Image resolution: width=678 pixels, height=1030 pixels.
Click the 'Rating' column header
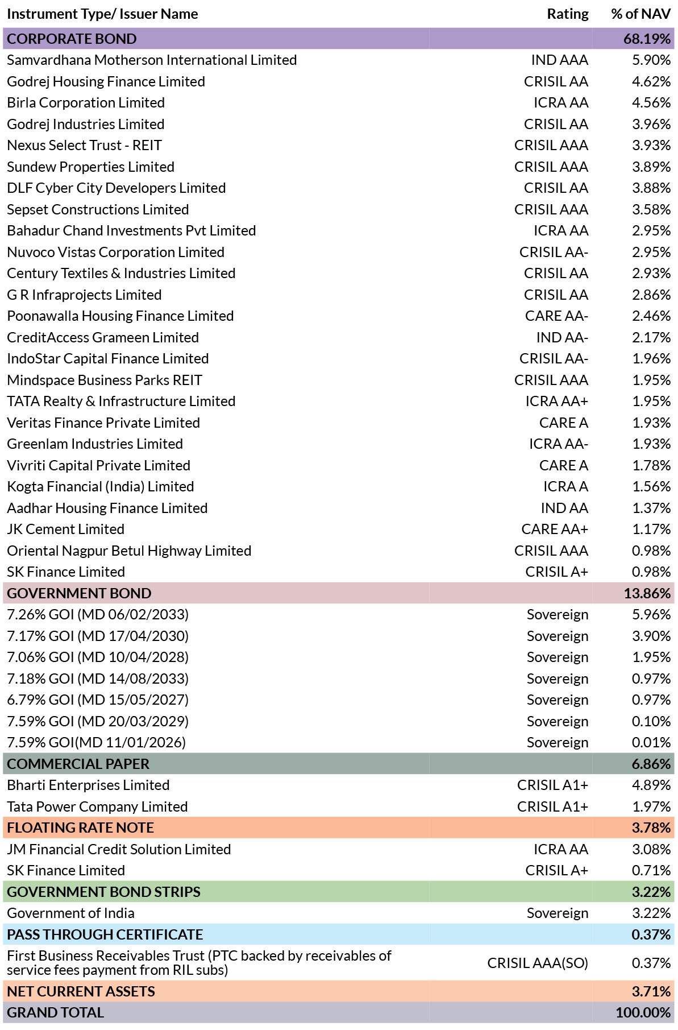coord(567,14)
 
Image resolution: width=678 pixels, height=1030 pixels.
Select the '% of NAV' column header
coord(640,14)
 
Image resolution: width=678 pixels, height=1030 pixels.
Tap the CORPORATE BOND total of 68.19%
coord(647,39)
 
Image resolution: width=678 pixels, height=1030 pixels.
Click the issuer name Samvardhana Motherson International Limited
coord(152,60)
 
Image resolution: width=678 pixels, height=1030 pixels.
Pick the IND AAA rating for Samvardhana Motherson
coord(559,60)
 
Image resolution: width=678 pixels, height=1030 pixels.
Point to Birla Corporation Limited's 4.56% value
coord(651,103)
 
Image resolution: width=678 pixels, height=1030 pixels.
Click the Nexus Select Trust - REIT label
coord(84,146)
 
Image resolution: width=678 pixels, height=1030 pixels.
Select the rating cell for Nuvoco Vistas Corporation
coord(554,252)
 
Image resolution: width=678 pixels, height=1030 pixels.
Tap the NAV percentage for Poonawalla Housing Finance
coord(651,316)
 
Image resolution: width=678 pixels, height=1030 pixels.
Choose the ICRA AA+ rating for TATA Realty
coord(556,402)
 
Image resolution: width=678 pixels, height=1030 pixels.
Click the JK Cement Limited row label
coord(65,530)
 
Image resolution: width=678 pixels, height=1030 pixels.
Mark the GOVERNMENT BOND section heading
coord(79,593)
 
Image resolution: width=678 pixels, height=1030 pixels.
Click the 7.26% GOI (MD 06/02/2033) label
coord(98,615)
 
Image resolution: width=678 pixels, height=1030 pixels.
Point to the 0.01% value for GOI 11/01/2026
coord(651,743)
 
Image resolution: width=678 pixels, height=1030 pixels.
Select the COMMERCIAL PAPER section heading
coord(78,764)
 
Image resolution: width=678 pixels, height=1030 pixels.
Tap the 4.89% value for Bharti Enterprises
coord(651,785)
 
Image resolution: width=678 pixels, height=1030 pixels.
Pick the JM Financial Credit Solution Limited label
coord(119,849)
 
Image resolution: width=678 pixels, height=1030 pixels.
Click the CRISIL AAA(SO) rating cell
coord(538,963)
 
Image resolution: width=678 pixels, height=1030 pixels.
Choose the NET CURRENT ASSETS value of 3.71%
coord(651,991)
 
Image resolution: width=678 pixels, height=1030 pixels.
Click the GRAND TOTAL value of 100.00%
coord(643,1012)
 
